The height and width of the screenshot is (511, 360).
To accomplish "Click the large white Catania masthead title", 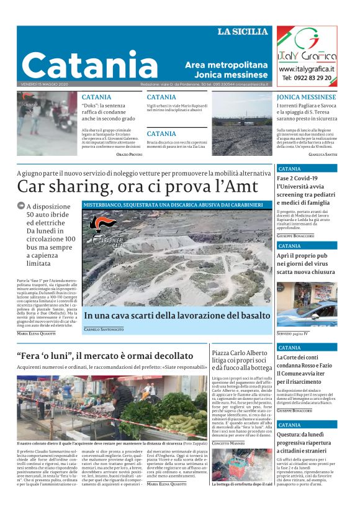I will click(89, 64).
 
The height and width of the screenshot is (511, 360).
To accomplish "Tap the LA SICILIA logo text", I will click(243, 32).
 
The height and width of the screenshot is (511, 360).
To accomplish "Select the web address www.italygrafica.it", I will click(306, 69).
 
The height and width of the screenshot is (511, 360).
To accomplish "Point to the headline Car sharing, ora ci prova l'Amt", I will click(137, 186).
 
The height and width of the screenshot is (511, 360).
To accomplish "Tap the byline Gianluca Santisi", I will click(323, 154).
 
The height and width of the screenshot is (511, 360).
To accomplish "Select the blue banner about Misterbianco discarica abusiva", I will click(177, 204).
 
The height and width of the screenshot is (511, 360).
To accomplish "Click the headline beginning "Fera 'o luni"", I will click(105, 356).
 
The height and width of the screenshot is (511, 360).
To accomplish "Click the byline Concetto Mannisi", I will click(228, 442).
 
